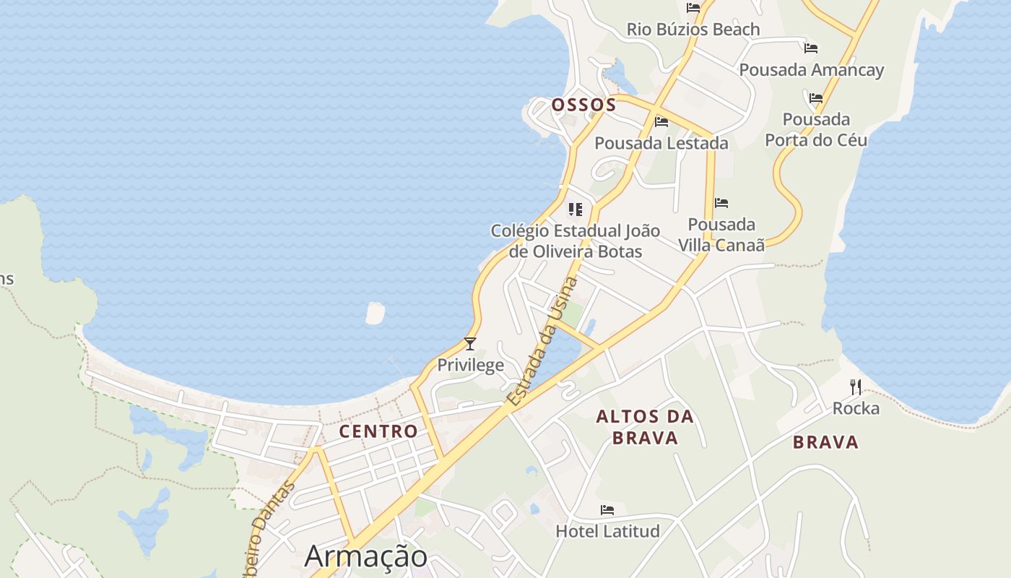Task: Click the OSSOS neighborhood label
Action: tap(583, 105)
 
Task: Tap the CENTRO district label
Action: tap(378, 431)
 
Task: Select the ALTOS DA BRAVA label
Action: tap(645, 427)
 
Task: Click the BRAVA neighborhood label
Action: tap(825, 442)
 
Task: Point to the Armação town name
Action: tap(365, 556)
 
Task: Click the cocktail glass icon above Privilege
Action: tap(470, 344)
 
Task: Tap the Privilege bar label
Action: tap(470, 364)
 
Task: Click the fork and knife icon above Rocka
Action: tap(856, 387)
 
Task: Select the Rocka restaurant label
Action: tap(856, 408)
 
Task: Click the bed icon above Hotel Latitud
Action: tap(607, 510)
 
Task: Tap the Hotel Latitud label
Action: tap(607, 531)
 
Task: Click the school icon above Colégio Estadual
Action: tap(575, 210)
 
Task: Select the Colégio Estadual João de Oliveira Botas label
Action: tap(575, 241)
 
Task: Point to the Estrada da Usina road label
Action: tap(542, 342)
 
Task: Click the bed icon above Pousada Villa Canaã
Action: tap(721, 203)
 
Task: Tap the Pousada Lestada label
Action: tap(661, 143)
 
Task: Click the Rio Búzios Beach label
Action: tap(693, 30)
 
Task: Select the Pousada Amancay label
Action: tap(811, 70)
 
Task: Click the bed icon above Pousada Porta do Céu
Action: tap(816, 98)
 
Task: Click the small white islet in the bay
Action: tap(375, 313)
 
